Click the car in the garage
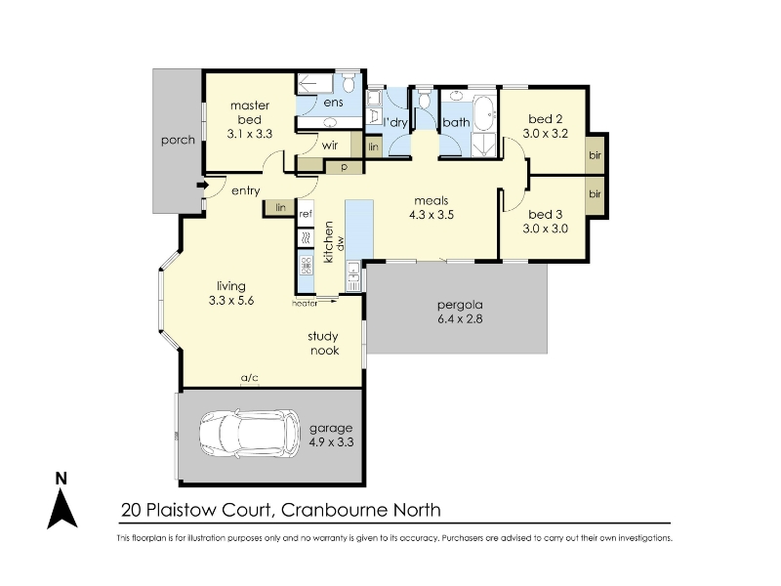(250, 433)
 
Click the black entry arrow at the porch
(203, 185)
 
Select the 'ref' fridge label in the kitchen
(306, 214)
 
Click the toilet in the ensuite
(349, 83)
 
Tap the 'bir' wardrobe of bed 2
(596, 155)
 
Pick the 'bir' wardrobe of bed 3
(596, 195)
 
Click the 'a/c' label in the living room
(250, 378)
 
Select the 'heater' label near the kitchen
(305, 303)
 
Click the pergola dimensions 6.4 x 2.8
(460, 319)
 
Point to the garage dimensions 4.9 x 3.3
(331, 442)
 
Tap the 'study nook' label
(324, 344)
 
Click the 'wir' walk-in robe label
(330, 145)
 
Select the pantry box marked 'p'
(344, 167)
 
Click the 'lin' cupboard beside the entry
(280, 207)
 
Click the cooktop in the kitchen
(306, 265)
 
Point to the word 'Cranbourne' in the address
(334, 510)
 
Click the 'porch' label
(178, 141)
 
